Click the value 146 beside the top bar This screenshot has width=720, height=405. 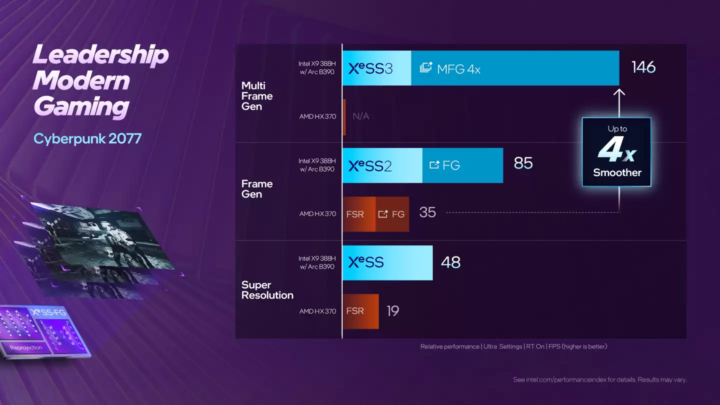point(643,67)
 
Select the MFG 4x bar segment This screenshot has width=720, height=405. point(515,68)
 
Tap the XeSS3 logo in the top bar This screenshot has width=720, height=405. point(370,68)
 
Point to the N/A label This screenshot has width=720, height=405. point(360,116)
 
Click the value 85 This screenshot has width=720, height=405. point(523,163)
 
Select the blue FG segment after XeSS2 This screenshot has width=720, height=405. point(462,165)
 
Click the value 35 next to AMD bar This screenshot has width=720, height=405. point(427,212)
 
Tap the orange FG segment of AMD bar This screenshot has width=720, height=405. point(392,214)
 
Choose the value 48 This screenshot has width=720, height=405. point(450,262)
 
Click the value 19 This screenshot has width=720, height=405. point(393,311)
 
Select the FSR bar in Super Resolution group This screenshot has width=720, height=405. point(360,311)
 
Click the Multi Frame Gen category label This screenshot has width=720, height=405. point(256,96)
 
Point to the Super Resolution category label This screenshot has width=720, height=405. point(267,290)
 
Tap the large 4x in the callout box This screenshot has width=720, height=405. point(616,150)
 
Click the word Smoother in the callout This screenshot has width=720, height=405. point(617,173)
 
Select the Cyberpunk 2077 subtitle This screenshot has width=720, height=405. point(87,138)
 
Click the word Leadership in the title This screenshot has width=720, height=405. point(100,54)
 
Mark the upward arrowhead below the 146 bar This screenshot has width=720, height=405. point(619,92)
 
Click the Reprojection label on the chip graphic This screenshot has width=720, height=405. point(26,347)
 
